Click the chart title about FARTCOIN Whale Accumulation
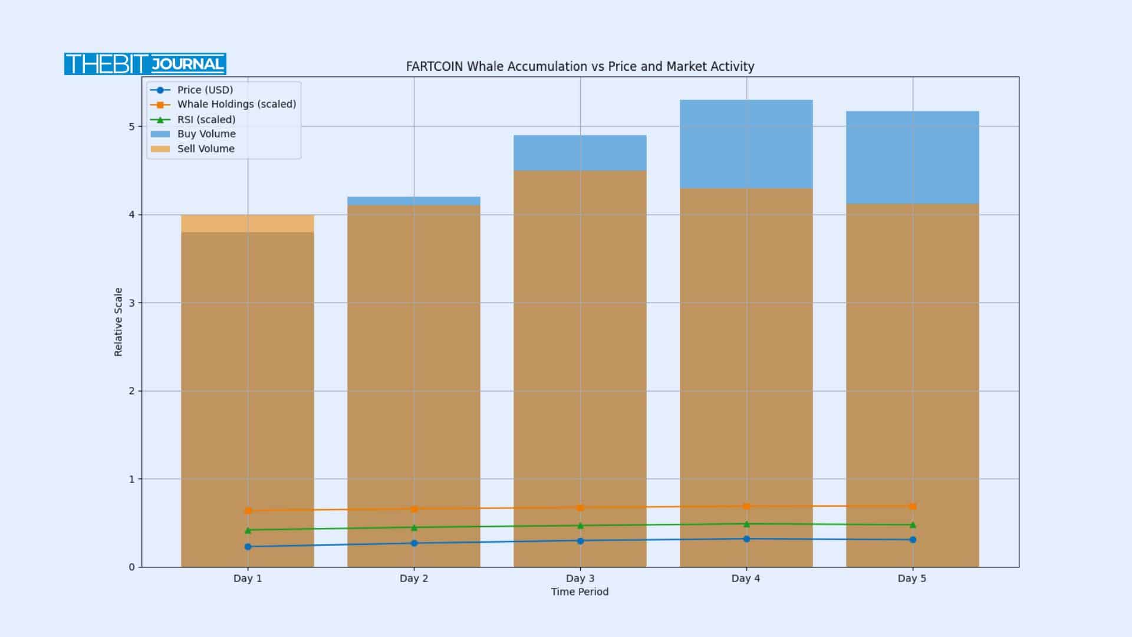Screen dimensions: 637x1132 [x=580, y=67]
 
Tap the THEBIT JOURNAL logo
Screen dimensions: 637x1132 [x=145, y=64]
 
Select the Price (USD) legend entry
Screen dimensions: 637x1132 [x=205, y=90]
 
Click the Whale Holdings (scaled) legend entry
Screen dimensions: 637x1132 [x=236, y=104]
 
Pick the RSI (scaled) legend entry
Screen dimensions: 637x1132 [x=206, y=119]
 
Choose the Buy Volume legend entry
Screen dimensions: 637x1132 [x=206, y=134]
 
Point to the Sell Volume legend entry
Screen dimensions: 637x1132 [x=205, y=149]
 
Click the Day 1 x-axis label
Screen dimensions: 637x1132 [x=248, y=579]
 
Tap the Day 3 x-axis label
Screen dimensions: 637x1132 [x=580, y=579]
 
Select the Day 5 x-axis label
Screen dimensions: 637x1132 [x=912, y=579]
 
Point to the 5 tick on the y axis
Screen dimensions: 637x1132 [x=131, y=127]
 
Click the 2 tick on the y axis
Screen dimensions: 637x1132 [x=131, y=391]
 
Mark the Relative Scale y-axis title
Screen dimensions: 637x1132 [x=119, y=322]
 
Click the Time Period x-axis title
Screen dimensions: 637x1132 [x=580, y=592]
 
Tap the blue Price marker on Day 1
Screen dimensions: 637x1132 [x=248, y=547]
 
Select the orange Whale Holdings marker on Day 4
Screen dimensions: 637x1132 [x=746, y=506]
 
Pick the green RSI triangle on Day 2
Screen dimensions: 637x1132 [x=414, y=527]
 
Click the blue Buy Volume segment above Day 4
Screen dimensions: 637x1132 [x=746, y=144]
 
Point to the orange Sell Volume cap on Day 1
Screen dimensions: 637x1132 [x=248, y=224]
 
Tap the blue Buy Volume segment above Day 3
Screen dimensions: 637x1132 [x=580, y=153]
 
